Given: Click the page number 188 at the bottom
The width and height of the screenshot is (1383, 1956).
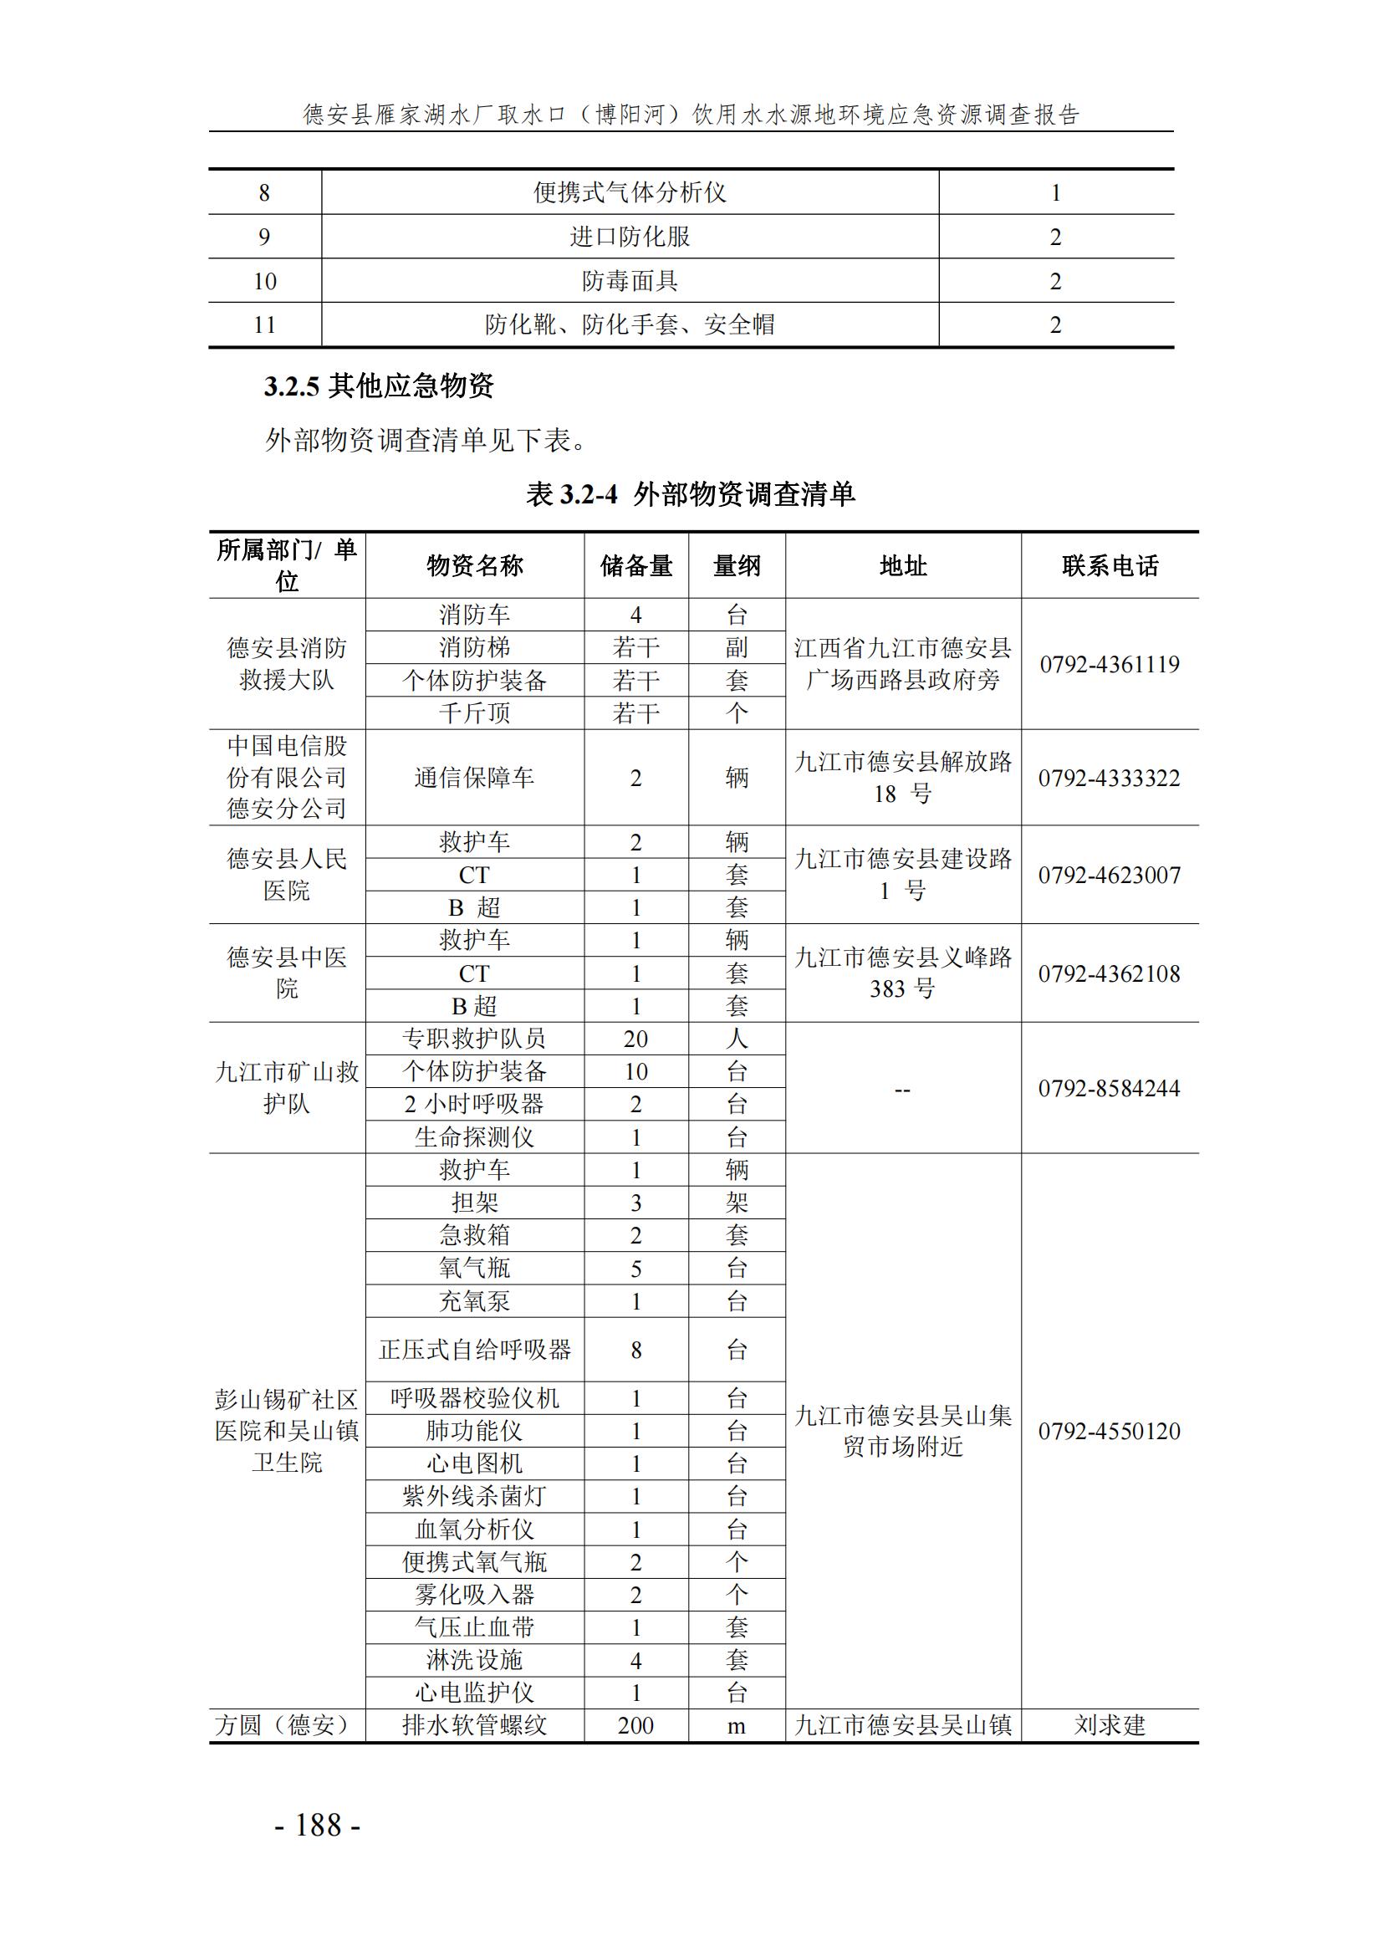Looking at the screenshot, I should pos(318,1826).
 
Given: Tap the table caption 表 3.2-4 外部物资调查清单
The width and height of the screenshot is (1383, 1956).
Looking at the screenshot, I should pos(691,494).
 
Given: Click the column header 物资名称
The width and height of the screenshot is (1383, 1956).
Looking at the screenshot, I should pos(474,565).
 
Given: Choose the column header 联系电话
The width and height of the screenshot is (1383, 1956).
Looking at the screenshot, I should pos(1110,565).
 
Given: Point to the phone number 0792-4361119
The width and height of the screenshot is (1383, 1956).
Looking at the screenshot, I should pos(1110,665).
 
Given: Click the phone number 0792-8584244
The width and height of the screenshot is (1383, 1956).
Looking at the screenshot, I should pos(1109,1088).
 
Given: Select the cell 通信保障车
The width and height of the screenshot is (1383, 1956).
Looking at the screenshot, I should pos(474,778).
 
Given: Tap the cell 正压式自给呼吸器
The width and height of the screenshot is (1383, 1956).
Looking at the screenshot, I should pos(474,1350).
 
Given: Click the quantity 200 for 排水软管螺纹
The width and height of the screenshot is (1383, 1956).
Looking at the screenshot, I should pos(635,1726).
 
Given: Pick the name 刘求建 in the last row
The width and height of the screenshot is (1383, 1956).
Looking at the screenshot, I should pos(1110,1726).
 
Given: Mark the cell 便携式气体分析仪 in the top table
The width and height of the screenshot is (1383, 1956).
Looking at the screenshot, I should pos(630,192).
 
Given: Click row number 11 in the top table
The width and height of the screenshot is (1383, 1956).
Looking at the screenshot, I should pos(265,324).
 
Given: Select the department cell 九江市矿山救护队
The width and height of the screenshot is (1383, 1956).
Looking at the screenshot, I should pos(287,1088).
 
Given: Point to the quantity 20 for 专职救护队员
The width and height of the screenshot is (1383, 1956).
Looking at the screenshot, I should pos(635,1039).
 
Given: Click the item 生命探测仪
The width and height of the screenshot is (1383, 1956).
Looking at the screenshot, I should pos(474,1137).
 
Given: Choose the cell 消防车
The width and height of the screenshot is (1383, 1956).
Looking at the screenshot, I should pos(474,615).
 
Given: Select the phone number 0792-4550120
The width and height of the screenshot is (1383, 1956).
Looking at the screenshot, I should pos(1109,1431).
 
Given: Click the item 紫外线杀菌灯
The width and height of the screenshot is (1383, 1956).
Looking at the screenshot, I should pos(474,1496).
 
